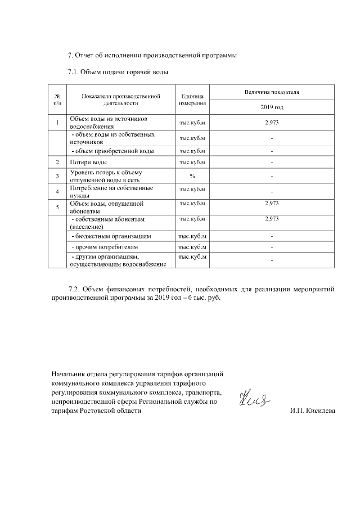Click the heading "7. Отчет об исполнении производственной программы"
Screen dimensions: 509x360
(x=152, y=55)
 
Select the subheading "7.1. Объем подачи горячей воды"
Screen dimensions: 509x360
(x=118, y=73)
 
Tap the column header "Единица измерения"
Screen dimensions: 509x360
(x=192, y=100)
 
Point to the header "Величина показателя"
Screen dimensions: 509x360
(x=272, y=91)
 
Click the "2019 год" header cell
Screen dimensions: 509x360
(x=272, y=107)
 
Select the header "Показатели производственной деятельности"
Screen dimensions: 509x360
(x=121, y=100)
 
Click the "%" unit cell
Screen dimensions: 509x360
(x=192, y=176)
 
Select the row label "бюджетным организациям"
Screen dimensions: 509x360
(x=111, y=236)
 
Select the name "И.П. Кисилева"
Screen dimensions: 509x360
(x=312, y=411)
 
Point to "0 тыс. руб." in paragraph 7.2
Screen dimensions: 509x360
(x=199, y=298)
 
